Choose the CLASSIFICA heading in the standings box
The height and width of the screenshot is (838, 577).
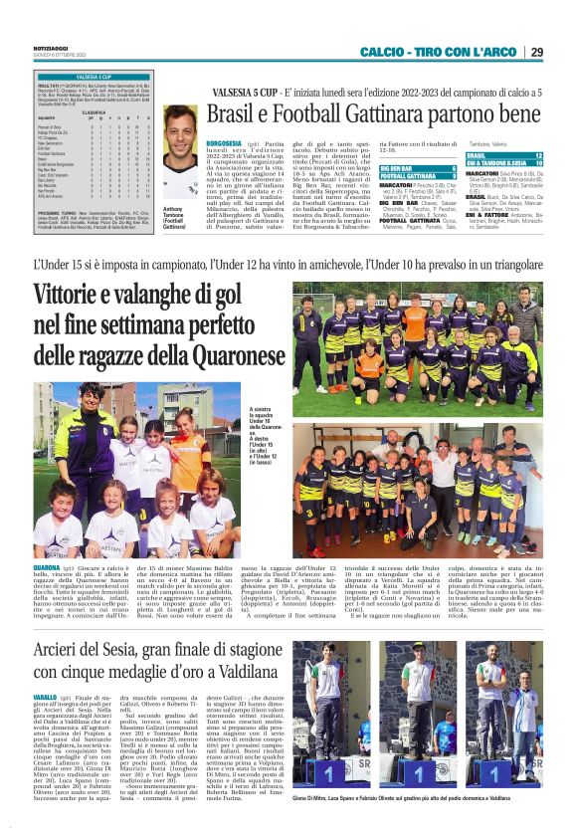click(94, 113)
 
